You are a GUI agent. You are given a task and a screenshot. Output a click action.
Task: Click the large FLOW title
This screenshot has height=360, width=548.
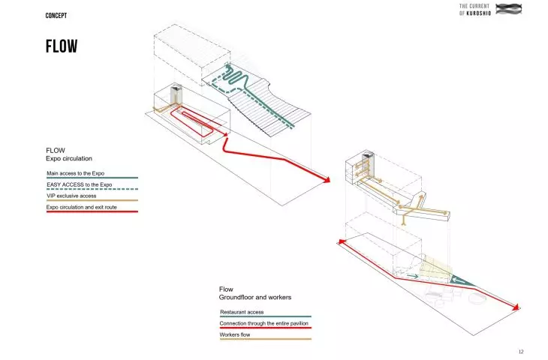coord(62,46)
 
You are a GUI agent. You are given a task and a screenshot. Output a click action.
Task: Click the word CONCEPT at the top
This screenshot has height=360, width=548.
coord(56,16)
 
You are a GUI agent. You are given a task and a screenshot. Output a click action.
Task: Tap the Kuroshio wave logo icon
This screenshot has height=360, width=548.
coord(508,9)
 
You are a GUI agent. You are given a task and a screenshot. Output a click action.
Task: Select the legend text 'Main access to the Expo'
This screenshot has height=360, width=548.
coord(76,173)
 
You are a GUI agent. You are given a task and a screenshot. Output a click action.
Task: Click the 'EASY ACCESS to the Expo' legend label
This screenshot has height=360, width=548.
coord(80,184)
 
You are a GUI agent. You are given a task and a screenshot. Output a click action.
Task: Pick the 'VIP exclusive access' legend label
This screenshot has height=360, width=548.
coord(71,196)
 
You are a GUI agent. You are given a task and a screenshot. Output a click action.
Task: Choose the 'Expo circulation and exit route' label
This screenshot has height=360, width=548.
coord(81,207)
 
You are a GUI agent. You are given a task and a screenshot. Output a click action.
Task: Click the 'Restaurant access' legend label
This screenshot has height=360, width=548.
coord(242,312)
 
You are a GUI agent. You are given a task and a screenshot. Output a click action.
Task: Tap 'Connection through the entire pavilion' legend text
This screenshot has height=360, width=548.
coord(263,323)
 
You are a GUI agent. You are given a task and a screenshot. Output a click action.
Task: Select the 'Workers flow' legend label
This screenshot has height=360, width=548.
coord(235,334)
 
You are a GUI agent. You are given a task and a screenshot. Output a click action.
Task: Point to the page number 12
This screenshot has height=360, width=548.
coord(521,352)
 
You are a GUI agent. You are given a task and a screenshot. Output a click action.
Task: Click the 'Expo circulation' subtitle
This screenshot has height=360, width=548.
coord(69,158)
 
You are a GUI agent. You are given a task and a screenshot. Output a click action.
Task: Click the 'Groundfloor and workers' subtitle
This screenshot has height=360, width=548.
coord(255,298)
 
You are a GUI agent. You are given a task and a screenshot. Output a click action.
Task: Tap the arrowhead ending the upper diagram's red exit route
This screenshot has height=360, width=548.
coord(327,180)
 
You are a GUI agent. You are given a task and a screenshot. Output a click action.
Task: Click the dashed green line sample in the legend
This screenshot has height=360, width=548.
coord(92,189)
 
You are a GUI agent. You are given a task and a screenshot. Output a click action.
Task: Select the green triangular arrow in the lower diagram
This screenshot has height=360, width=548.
coord(461,280)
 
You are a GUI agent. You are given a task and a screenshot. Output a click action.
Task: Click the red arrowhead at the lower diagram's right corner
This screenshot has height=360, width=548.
coord(516,307)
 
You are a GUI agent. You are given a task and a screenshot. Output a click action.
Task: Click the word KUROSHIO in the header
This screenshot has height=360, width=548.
coord(479,13)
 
